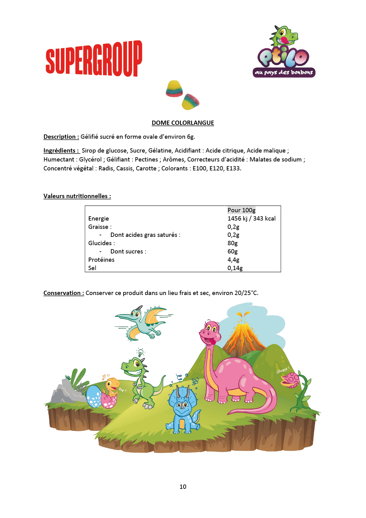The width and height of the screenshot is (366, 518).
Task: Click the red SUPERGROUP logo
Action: tap(94, 58)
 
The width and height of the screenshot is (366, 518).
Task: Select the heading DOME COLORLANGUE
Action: tap(183, 123)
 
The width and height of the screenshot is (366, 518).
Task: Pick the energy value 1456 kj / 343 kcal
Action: tap(251, 219)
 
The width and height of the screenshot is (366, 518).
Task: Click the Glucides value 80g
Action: tap(233, 243)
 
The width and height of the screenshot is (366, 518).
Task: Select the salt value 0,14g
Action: tap(235, 268)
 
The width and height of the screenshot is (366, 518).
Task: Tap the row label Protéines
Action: tap(101, 260)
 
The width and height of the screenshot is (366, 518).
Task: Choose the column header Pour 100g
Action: tap(242, 210)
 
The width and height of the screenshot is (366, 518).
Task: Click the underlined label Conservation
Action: tap(64, 293)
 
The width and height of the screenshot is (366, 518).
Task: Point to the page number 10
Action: tap(183, 487)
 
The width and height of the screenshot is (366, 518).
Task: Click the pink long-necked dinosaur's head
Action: tap(210, 332)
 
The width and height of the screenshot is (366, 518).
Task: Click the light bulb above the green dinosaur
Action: tap(140, 352)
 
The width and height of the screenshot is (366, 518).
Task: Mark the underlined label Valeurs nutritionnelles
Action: tap(77, 196)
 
